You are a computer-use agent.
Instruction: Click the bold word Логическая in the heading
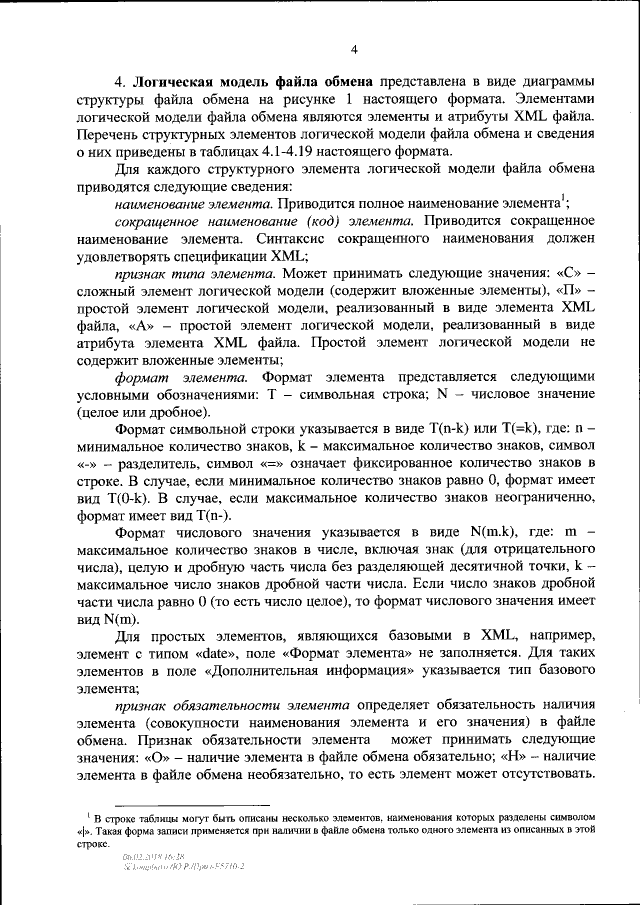pyautogui.click(x=183, y=81)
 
